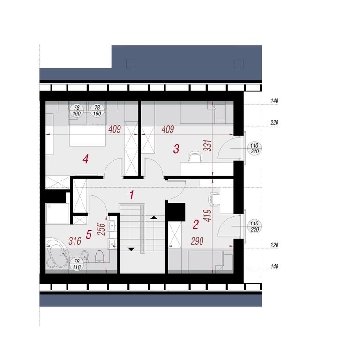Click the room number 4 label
[86, 159]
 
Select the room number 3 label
[176, 149]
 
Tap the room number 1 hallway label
[132, 195]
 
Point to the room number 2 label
[195, 225]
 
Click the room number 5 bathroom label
[89, 234]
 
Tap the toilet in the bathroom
[99, 256]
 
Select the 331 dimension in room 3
[208, 145]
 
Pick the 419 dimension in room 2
[208, 216]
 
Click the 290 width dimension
[197, 241]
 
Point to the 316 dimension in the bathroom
[75, 241]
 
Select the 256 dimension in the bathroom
[101, 229]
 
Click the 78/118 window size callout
[77, 264]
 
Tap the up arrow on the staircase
[154, 217]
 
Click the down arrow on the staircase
[131, 249]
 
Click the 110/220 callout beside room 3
[255, 148]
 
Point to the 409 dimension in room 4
[114, 129]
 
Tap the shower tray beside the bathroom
[58, 213]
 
